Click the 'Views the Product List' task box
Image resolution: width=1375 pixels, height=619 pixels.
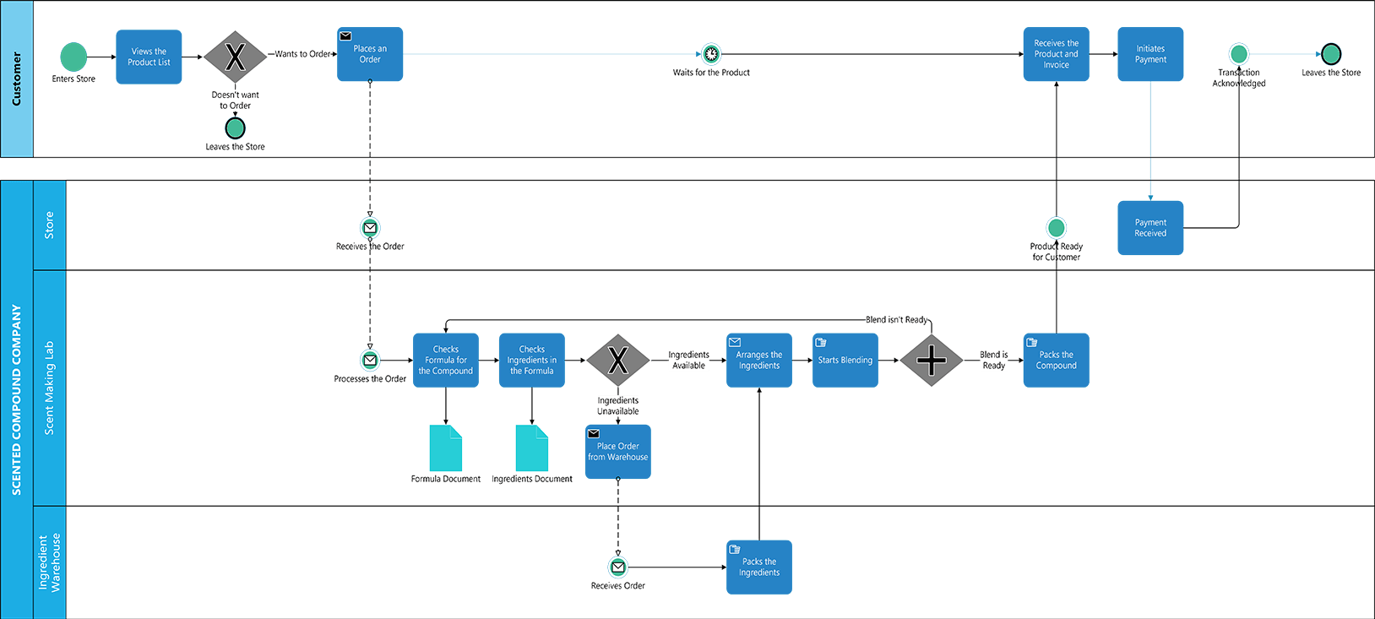tap(149, 57)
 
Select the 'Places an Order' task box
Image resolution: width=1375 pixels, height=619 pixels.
tap(370, 54)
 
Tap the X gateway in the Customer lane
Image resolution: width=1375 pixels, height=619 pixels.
tap(235, 57)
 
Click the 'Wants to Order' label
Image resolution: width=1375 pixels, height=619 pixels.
tap(302, 54)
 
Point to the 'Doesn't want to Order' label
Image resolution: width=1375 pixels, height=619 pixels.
tap(235, 100)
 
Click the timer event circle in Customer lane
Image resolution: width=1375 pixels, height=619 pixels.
tap(711, 54)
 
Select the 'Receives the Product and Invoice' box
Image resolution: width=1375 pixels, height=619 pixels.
tap(1056, 54)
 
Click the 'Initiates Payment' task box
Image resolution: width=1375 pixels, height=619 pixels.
tap(1150, 54)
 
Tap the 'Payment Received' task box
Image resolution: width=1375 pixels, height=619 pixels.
tap(1150, 228)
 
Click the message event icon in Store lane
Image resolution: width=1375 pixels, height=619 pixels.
tap(370, 228)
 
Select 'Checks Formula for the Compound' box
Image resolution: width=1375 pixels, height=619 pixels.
tap(446, 361)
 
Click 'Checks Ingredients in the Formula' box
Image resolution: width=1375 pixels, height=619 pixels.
tap(532, 361)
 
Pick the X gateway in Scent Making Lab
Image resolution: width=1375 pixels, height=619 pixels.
tap(618, 361)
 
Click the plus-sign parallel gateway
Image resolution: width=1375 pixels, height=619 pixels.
tap(932, 361)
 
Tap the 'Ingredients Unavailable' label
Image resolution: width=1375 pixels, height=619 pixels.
tap(618, 406)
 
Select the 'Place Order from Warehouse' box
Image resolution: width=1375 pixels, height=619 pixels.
tap(618, 452)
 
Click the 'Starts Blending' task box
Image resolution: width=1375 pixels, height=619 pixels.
tap(845, 361)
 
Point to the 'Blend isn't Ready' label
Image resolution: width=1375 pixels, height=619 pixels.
tap(896, 320)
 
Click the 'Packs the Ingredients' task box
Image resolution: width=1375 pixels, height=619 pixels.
tap(759, 567)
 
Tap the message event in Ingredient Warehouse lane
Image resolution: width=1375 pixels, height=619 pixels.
tap(618, 567)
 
